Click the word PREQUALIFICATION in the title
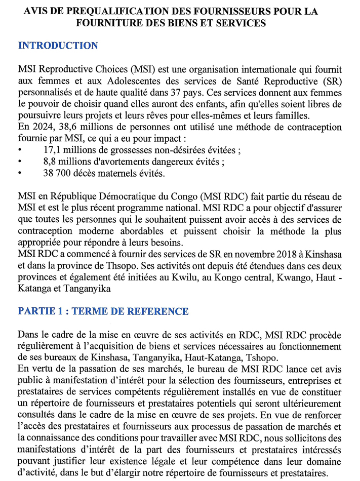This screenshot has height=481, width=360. tap(121, 11)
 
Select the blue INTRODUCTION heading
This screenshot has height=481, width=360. tap(58, 46)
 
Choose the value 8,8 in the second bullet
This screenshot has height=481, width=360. tap(50, 163)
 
